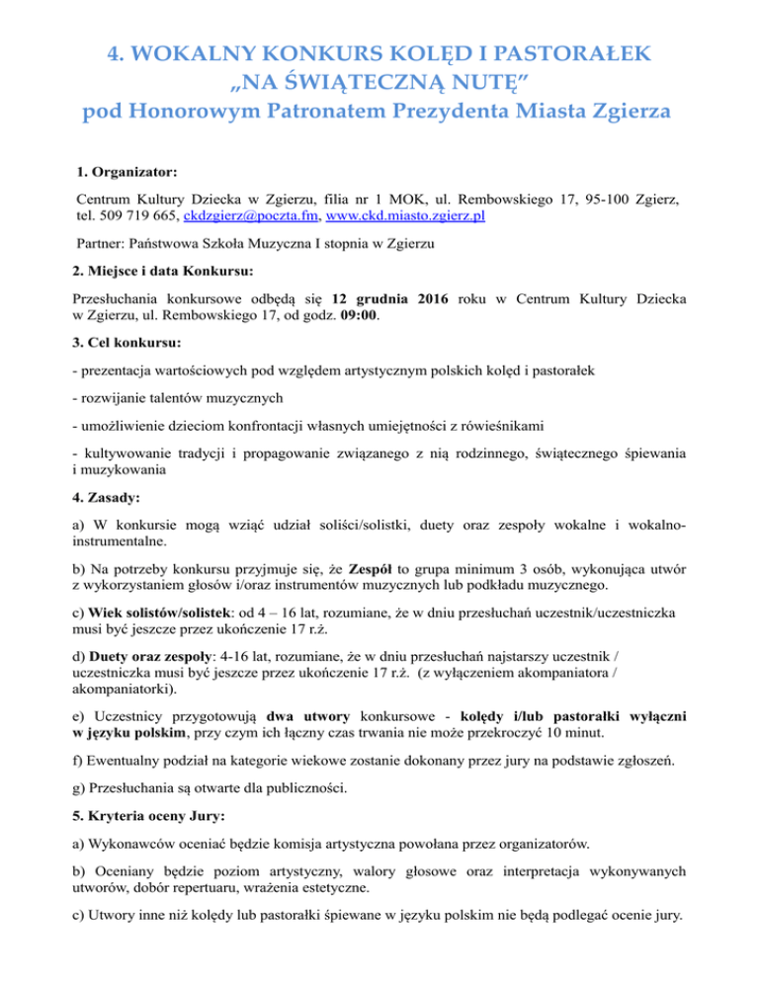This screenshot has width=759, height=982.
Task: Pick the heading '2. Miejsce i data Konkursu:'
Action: tap(169, 270)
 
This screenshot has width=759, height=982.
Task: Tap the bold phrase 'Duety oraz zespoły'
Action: tap(154, 656)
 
